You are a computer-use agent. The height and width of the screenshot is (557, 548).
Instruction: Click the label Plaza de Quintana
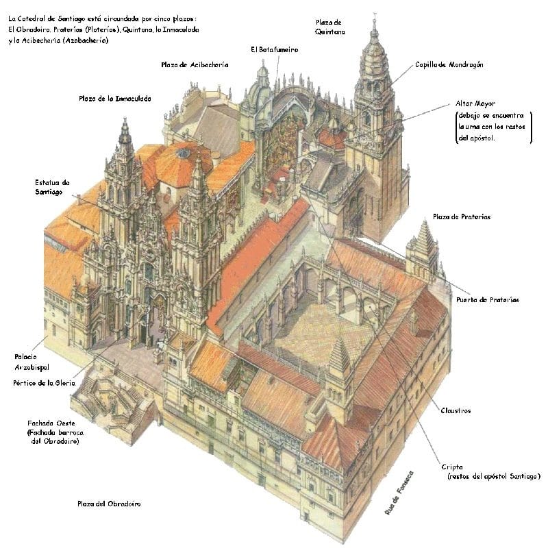coord(330,27)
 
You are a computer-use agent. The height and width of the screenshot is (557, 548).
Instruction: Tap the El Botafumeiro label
coord(274,49)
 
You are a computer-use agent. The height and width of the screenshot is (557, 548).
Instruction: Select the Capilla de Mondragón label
coord(449,64)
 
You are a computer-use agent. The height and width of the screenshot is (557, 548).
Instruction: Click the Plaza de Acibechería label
coord(195,64)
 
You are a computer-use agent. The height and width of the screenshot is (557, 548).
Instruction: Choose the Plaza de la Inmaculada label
coord(114,99)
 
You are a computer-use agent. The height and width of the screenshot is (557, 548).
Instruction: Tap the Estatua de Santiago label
coord(53,187)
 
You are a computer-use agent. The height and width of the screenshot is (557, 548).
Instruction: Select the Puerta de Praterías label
coord(487,299)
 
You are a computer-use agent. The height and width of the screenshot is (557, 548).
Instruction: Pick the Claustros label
coord(456,410)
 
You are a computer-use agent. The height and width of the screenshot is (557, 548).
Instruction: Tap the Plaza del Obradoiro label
coord(109,504)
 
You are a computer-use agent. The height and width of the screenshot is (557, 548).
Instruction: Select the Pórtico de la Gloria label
coord(43,382)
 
